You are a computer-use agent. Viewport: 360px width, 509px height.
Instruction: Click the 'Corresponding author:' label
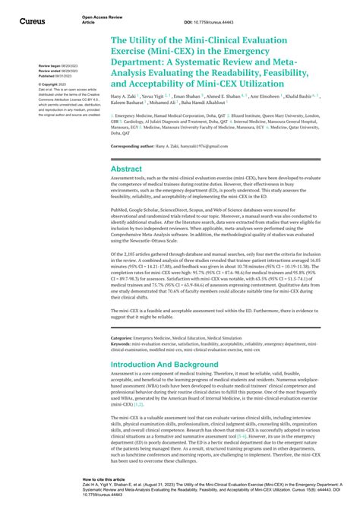coord(136,145)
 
